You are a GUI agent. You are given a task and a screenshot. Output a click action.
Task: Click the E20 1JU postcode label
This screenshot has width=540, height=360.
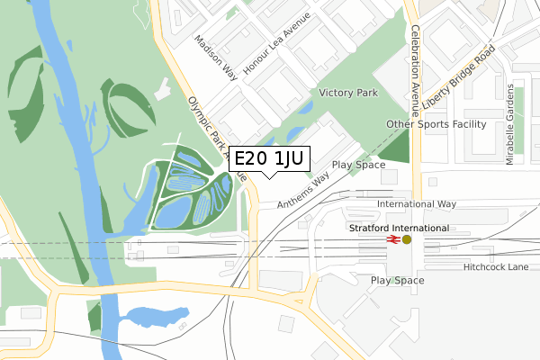coord(270,160)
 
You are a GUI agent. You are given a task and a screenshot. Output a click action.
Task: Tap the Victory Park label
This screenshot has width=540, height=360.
coord(348,93)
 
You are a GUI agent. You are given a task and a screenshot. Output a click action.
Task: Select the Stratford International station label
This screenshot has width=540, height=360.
coord(398,228)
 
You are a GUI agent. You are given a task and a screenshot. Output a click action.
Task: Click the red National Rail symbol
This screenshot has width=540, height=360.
coord(392,239)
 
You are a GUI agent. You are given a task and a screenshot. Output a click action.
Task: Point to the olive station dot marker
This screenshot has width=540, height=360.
coord(407,239)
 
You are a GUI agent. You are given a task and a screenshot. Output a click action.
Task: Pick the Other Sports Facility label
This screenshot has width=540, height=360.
coord(436,124)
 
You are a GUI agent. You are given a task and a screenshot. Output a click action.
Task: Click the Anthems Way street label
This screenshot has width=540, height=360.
coord(303,192)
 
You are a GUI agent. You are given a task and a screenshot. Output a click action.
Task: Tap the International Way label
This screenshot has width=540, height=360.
coord(417,205)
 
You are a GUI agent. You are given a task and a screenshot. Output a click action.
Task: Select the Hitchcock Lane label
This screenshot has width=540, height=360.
coord(496,267)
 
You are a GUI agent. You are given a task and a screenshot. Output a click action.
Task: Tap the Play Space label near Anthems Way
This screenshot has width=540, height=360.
coord(358,166)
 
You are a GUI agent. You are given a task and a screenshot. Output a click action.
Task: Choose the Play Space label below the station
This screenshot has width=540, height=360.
coord(398,281)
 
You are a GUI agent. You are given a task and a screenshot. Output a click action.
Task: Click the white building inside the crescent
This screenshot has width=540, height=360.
coord(162,89)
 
